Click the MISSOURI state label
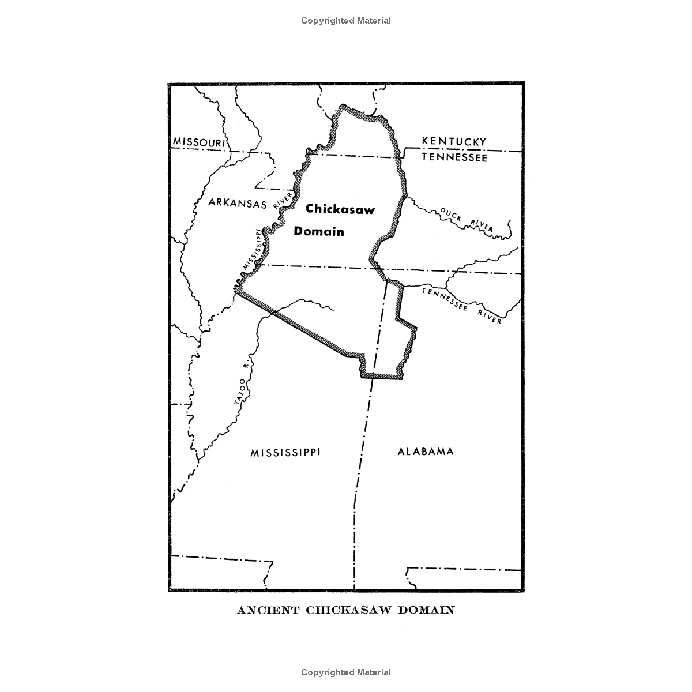[x=198, y=142]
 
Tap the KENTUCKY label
[x=454, y=141]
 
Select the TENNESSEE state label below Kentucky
[x=454, y=157]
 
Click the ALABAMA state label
[x=426, y=452]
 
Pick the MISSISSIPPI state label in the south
[x=285, y=452]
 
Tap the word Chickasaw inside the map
[x=340, y=209]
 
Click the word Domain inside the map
[x=319, y=232]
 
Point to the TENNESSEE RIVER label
[x=462, y=305]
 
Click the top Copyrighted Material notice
[x=346, y=21]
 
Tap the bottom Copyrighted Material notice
[x=346, y=672]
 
